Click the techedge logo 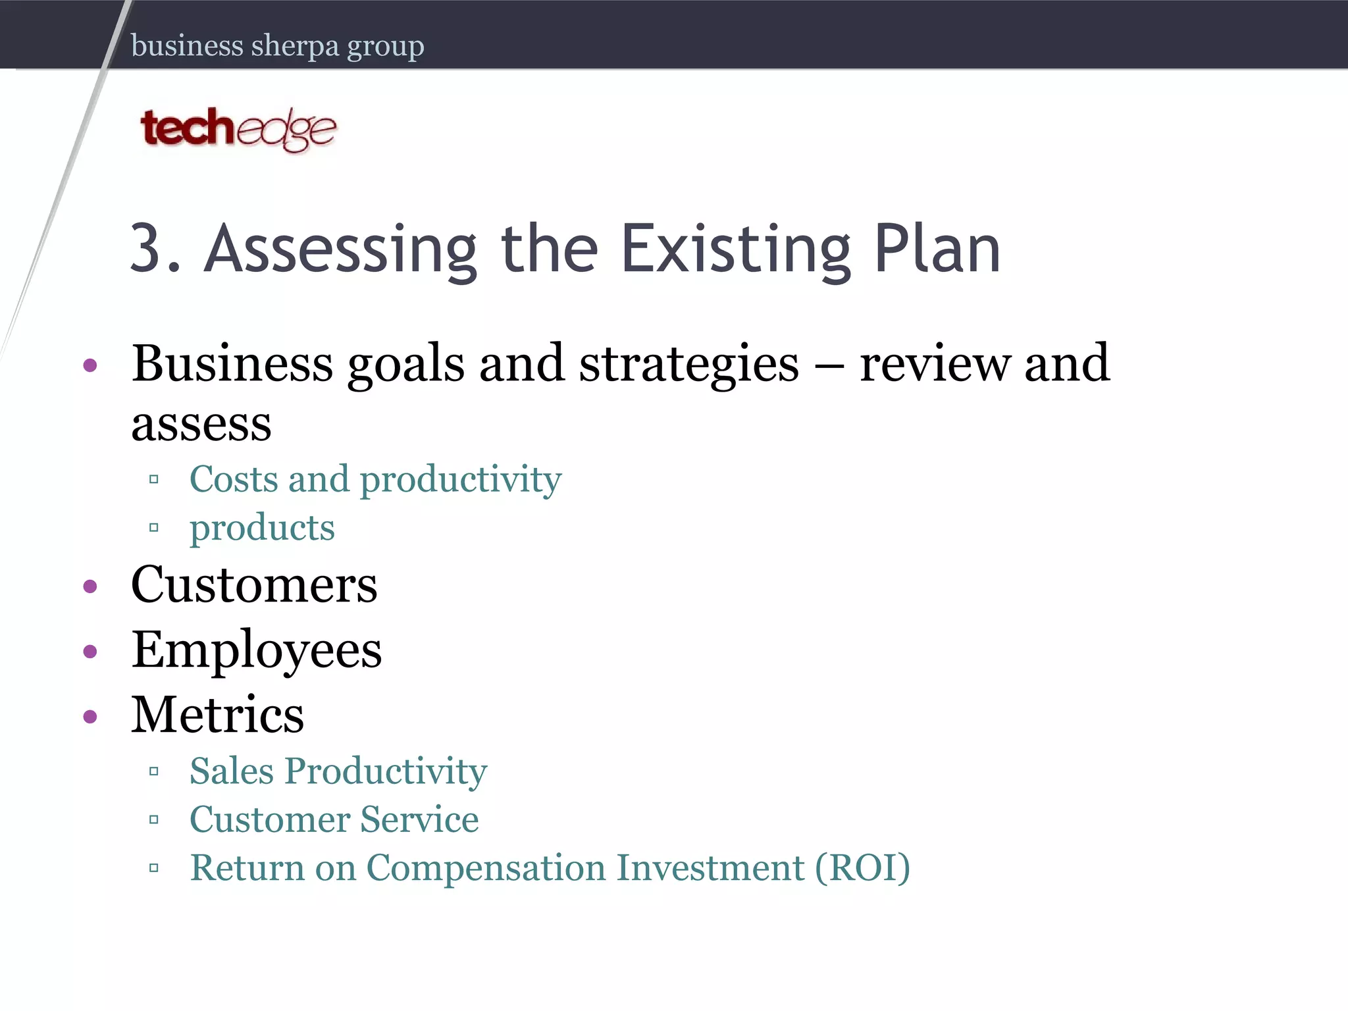click(x=238, y=130)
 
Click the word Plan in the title click(x=937, y=248)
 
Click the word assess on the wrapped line click(x=201, y=423)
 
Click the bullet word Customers click(x=254, y=584)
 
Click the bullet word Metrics click(x=218, y=715)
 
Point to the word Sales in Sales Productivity click(x=231, y=771)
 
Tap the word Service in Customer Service click(x=419, y=819)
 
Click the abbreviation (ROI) click(x=862, y=868)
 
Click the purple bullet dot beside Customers click(x=91, y=586)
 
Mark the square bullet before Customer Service click(x=154, y=820)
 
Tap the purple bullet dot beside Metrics click(x=91, y=716)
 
